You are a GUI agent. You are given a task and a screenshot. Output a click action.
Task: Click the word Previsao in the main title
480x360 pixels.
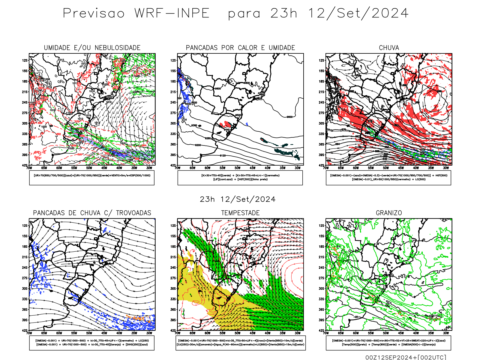(94, 13)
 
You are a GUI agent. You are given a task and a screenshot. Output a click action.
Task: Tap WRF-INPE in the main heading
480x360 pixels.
(172, 13)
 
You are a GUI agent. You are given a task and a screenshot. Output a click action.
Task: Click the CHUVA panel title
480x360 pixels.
(389, 48)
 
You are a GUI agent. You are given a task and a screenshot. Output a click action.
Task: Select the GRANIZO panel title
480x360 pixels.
(389, 213)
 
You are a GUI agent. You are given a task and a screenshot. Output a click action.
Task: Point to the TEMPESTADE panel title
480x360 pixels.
(240, 213)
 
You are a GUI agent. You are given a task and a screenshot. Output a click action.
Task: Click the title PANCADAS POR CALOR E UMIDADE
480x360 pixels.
(240, 48)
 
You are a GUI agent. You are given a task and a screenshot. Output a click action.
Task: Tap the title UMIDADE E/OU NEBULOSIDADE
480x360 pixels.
(92, 48)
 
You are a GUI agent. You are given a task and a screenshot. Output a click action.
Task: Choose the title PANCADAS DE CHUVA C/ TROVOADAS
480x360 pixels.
(92, 213)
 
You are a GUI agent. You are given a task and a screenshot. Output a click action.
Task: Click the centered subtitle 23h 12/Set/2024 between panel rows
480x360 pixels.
(238, 199)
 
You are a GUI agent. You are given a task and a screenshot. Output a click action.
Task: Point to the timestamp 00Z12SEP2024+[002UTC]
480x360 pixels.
(406, 357)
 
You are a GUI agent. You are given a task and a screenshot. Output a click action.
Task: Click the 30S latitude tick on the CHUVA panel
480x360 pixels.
(322, 123)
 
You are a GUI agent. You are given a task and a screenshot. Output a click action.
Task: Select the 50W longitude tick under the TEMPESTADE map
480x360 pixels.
(238, 333)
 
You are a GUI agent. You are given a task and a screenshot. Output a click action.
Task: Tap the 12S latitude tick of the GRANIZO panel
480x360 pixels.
(322, 226)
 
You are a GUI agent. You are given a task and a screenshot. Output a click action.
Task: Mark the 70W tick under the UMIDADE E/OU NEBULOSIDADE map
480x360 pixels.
(29, 168)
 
